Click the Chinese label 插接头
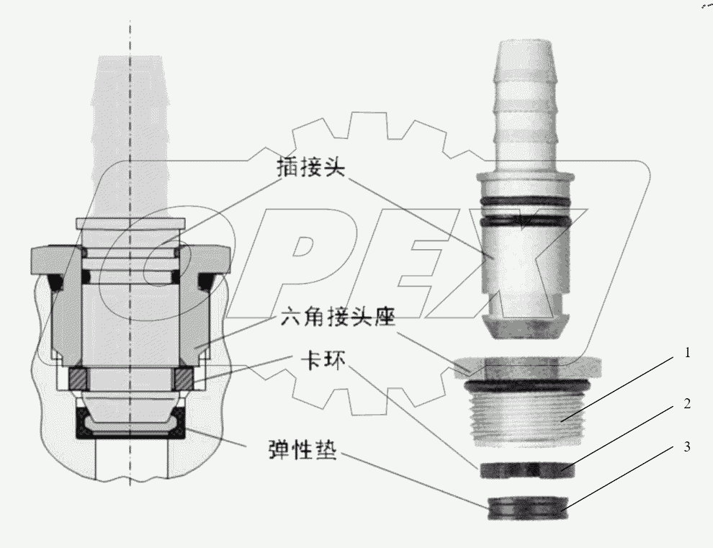click(x=311, y=169)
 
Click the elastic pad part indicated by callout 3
click(x=524, y=508)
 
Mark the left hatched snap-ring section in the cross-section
click(x=78, y=377)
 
